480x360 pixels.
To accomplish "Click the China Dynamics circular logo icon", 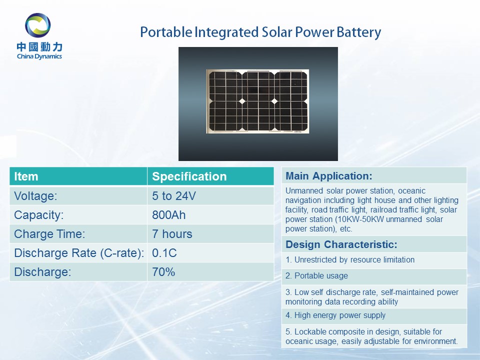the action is pos(37,25).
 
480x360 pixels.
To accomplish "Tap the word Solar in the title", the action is pos(276,32).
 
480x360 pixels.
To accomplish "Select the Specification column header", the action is pos(189,176).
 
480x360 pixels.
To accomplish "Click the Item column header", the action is pos(26,176).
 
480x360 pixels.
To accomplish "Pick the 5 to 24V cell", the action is pos(174,196).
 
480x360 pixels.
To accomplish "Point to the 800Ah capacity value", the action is pos(168,215).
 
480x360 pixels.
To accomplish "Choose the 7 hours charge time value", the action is pos(172,234).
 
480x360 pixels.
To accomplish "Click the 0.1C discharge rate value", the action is pos(164,253).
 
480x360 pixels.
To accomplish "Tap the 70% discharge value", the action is pos(163,272).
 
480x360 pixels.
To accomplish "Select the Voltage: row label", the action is pos(35,196).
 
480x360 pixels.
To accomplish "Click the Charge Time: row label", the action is pos(49,234).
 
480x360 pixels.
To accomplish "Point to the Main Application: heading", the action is pos(329,176).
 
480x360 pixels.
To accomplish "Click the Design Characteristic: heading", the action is pos(341,244).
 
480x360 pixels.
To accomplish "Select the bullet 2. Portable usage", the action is pos(316,276).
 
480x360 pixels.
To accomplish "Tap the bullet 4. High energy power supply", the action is pos(335,315).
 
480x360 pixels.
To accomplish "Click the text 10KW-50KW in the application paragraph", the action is pos(360,219).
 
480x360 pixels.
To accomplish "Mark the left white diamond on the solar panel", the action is pos(242,101).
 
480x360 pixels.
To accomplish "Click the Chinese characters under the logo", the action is pos(39,47).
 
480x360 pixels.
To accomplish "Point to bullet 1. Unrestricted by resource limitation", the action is pos(350,260).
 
